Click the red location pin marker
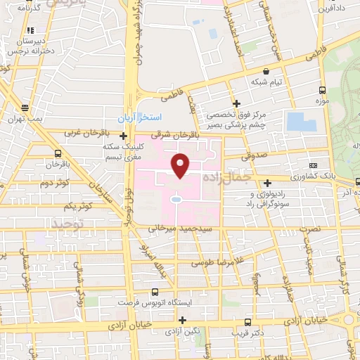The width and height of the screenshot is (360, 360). tap(181, 165)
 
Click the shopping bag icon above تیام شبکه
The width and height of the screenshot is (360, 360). tap(266, 71)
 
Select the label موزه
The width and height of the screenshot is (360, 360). tap(323, 102)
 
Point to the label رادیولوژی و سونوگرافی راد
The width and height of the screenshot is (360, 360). tap(269, 198)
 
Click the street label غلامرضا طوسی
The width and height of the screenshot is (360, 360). tap(218, 262)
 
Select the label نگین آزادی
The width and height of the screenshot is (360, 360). tap(181, 330)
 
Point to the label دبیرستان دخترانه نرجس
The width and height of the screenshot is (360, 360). tap(30, 45)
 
